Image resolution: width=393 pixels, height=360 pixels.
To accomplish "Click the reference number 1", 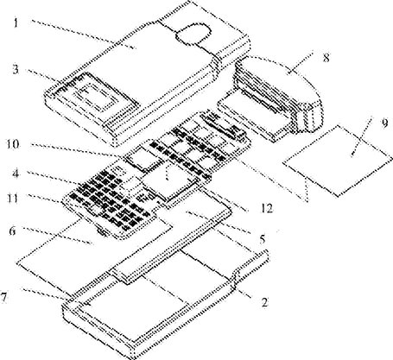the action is [16, 22].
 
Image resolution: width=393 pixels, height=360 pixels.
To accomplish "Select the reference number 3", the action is [16, 70].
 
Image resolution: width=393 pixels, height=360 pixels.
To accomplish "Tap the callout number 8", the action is [326, 58].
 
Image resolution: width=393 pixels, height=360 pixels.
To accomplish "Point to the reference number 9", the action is [384, 123].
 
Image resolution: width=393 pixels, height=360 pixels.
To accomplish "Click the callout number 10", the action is [13, 144].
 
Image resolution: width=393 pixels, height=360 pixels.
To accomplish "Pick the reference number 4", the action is [16, 174].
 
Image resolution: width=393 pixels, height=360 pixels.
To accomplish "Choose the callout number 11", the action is [12, 199].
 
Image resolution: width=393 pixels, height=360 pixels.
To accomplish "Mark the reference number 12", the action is [267, 208].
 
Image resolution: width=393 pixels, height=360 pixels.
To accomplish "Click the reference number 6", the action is [12, 231].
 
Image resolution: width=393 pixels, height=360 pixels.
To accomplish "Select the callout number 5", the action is [262, 238].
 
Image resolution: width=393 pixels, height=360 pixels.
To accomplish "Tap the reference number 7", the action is [3, 297].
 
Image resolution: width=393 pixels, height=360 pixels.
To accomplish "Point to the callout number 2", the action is [264, 302].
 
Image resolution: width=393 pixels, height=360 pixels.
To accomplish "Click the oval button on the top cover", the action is [193, 34].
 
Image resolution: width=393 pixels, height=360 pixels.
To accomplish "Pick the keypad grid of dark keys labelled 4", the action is [110, 201].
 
